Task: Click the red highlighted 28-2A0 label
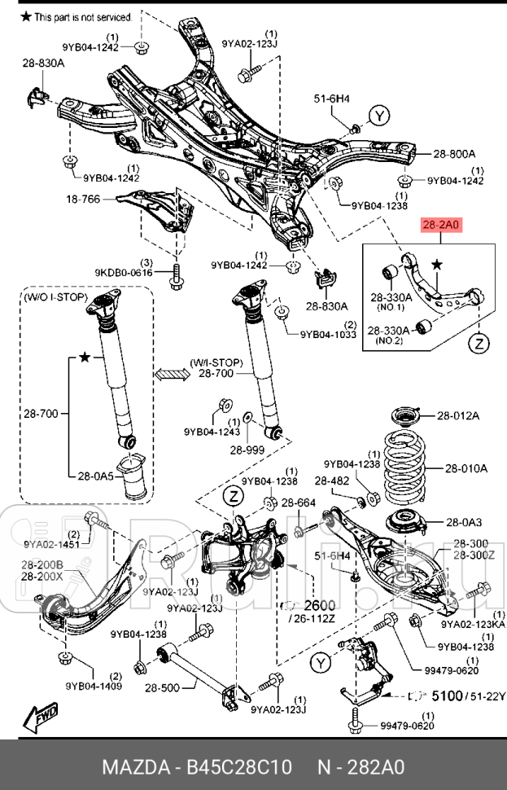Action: [x=441, y=225]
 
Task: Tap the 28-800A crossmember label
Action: [x=454, y=152]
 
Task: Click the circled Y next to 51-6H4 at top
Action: [x=379, y=116]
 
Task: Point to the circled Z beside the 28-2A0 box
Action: [x=481, y=344]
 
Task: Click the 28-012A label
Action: [x=458, y=415]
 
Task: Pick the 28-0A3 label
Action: [x=465, y=521]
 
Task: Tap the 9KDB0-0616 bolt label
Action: [x=123, y=273]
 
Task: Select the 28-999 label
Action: [x=247, y=449]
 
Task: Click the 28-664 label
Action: [x=299, y=503]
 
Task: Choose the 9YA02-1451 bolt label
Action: [x=51, y=544]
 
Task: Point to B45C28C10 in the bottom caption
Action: [x=231, y=767]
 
